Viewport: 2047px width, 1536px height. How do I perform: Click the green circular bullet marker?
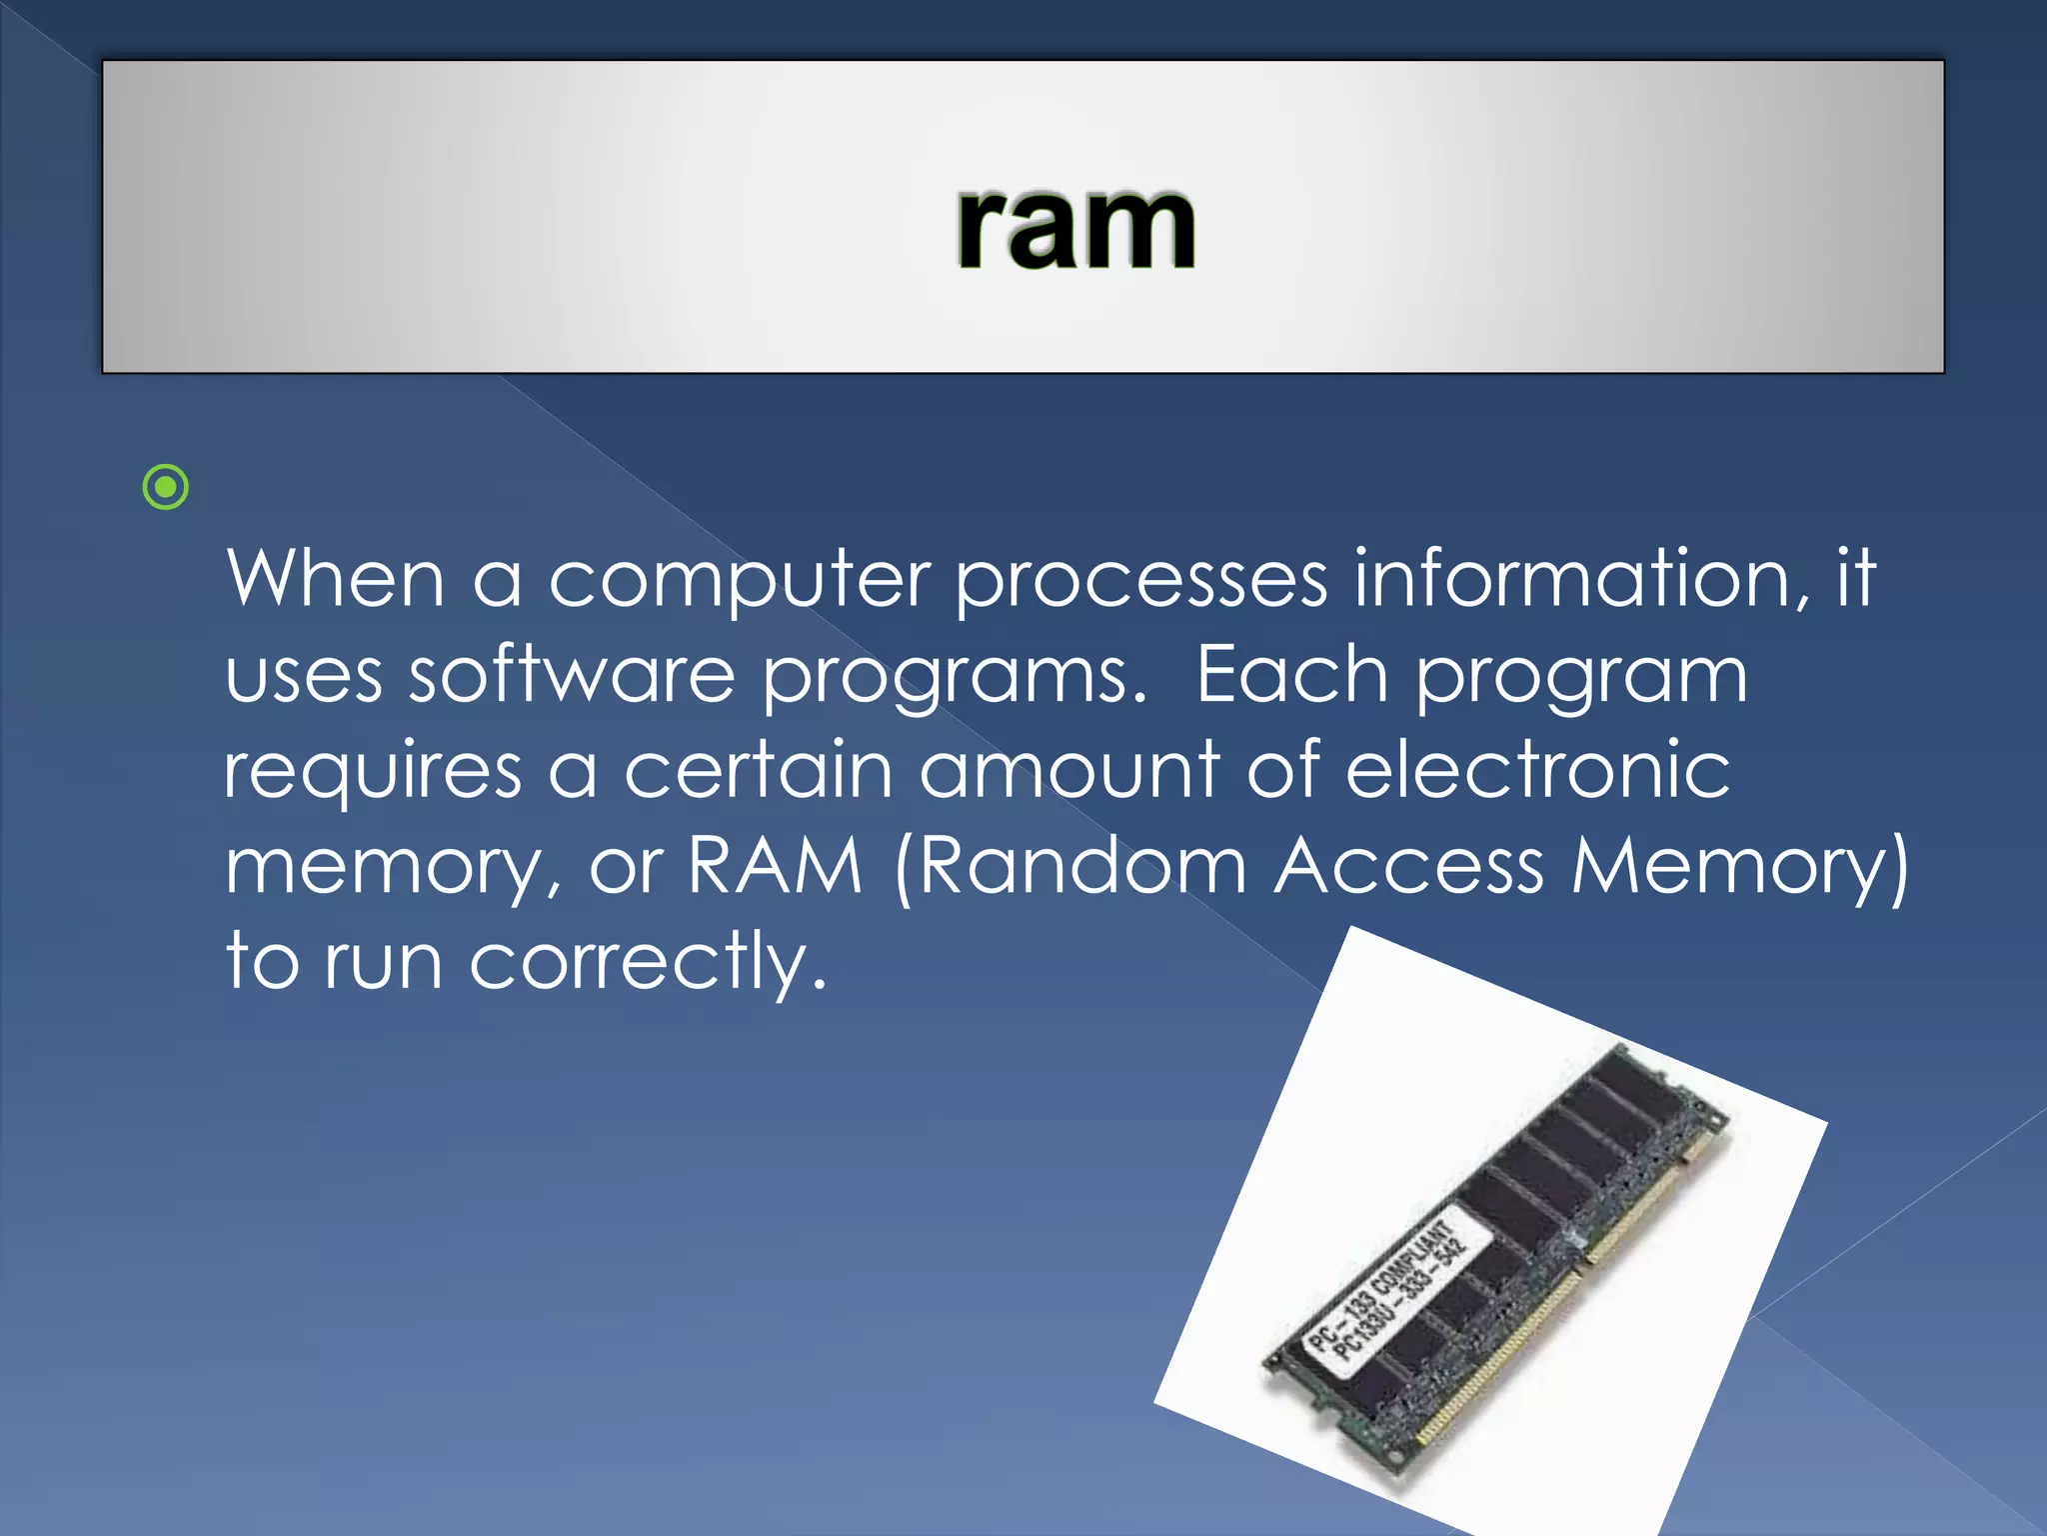pos(166,488)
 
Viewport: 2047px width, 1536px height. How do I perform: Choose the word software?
pos(572,674)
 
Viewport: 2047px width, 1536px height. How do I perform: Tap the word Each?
pos(1291,674)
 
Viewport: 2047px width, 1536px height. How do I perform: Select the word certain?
pos(758,770)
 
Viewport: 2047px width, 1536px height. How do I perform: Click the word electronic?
pos(1537,770)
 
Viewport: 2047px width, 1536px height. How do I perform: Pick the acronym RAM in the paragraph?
pos(775,865)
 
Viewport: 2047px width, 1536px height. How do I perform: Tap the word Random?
pos(1083,865)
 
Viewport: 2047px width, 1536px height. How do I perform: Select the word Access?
pos(1409,865)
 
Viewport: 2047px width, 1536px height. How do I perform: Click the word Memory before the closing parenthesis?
pos(1729,867)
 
